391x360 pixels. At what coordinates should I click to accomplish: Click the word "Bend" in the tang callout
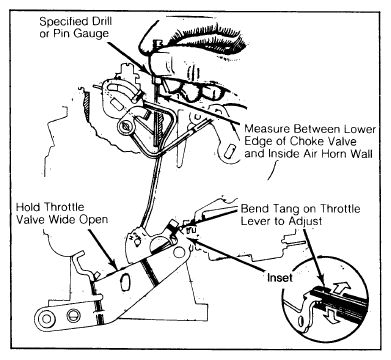pyautogui.click(x=253, y=209)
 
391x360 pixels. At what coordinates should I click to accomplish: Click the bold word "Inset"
pyautogui.click(x=279, y=277)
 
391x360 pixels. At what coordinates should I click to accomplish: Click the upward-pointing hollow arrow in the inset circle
pyautogui.click(x=341, y=285)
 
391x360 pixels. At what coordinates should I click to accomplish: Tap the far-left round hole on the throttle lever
pyautogui.click(x=46, y=319)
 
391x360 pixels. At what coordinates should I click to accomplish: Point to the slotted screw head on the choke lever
pyautogui.click(x=125, y=126)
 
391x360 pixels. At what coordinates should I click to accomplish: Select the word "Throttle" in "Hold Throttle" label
pyautogui.click(x=64, y=207)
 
